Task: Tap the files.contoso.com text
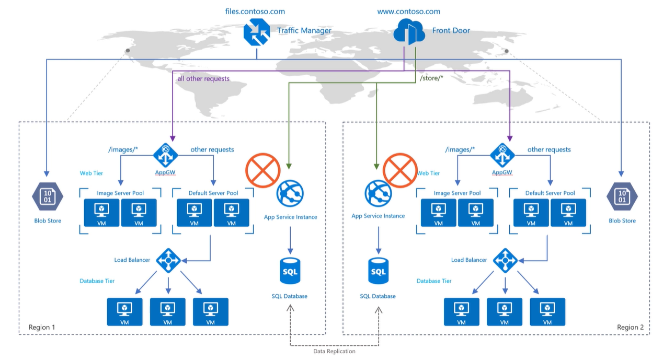[255, 11]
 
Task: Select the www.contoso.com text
[408, 11]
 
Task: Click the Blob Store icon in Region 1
[48, 196]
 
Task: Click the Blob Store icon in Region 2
[622, 196]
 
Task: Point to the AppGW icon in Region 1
[166, 154]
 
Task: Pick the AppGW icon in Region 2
[502, 154]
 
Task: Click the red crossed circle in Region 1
[263, 170]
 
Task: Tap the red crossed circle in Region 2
[399, 170]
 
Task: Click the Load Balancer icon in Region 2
[506, 260]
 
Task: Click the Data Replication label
[334, 351]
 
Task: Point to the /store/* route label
[432, 78]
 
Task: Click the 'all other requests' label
[203, 78]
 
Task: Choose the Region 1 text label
[42, 327]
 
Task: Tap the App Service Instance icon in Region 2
[378, 193]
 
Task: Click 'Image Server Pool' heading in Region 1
[120, 193]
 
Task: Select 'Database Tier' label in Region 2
[433, 281]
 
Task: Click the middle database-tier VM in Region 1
[167, 311]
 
